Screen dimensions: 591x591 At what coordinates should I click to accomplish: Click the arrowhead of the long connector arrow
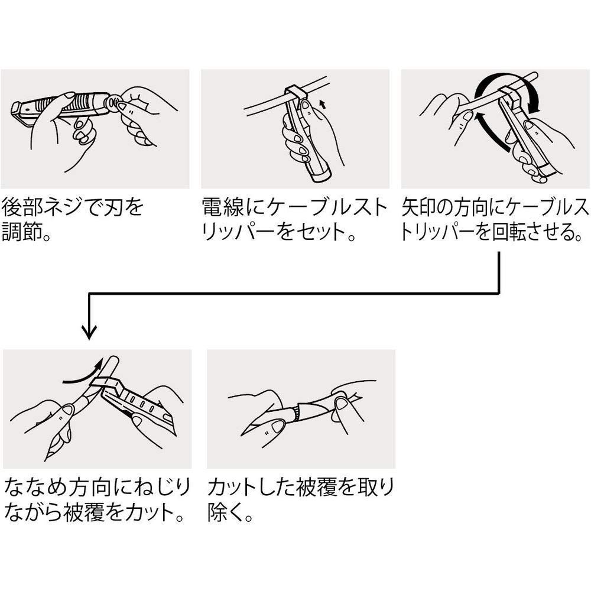click(89, 332)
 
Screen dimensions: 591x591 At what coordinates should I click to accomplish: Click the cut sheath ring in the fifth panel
click(298, 411)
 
